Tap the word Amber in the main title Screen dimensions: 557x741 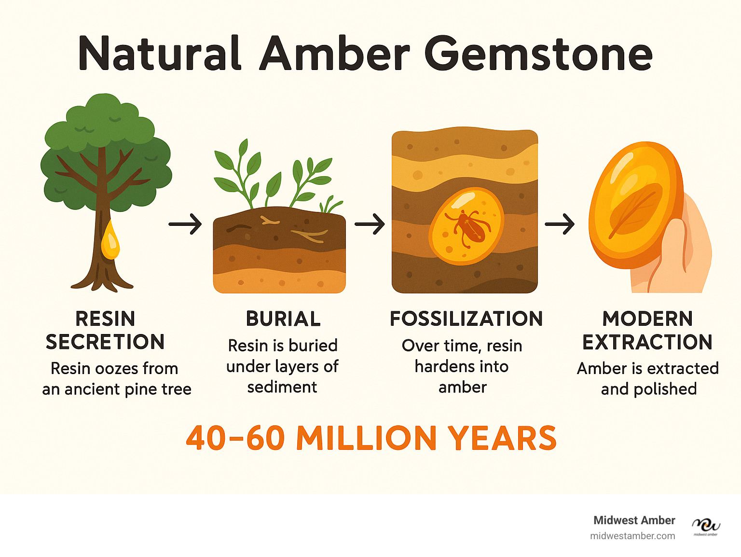pos(334,53)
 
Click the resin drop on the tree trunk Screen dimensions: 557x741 pos(110,240)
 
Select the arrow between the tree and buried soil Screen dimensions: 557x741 pos(185,224)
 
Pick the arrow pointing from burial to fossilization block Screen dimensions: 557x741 pos(370,224)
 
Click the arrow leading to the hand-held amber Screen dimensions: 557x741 pos(560,224)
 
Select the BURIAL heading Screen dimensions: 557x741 pos(283,319)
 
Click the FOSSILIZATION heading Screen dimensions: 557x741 pos(466,319)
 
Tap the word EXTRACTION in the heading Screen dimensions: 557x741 pos(647,342)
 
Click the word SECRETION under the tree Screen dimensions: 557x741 pos(105,342)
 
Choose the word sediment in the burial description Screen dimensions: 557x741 pos(282,387)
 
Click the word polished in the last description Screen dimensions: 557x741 pos(665,389)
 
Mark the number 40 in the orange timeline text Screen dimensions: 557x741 pos(206,438)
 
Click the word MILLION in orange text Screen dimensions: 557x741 pos(366,438)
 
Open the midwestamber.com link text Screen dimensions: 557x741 pos(632,536)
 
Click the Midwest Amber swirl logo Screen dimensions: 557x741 pos(706,525)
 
